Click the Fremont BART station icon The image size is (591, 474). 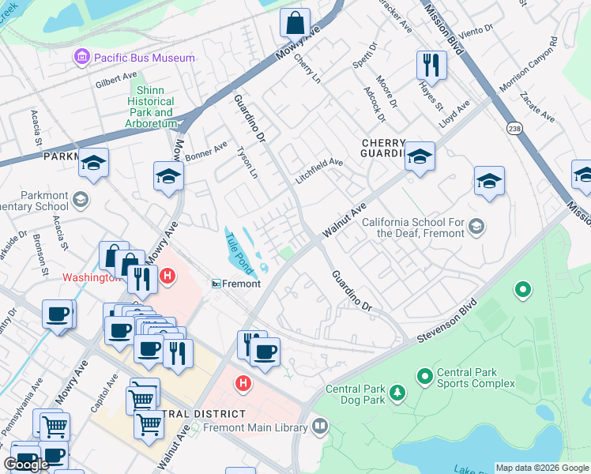pyautogui.click(x=216, y=284)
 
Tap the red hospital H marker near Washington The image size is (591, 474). pyautogui.click(x=167, y=276)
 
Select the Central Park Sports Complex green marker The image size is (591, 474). pyautogui.click(x=424, y=374)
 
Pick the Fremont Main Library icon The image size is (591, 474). pyautogui.click(x=320, y=427)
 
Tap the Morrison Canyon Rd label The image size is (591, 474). pyautogui.click(x=529, y=63)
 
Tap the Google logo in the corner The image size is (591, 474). pyautogui.click(x=26, y=465)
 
